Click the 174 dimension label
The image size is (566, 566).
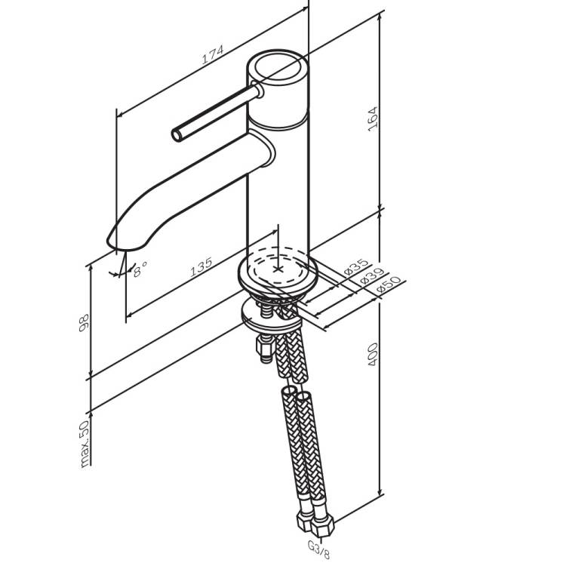coord(212,54)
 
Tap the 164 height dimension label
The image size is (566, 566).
coord(373,119)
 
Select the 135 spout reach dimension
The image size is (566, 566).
coord(201,267)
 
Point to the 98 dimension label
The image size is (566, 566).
coord(84,323)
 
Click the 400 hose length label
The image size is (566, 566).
coord(373,354)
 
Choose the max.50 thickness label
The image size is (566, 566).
coord(84,444)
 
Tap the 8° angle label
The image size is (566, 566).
coord(140,269)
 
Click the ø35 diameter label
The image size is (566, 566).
coord(356,266)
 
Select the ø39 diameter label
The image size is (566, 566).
coord(371,275)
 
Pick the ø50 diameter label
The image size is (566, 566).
coord(388,284)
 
